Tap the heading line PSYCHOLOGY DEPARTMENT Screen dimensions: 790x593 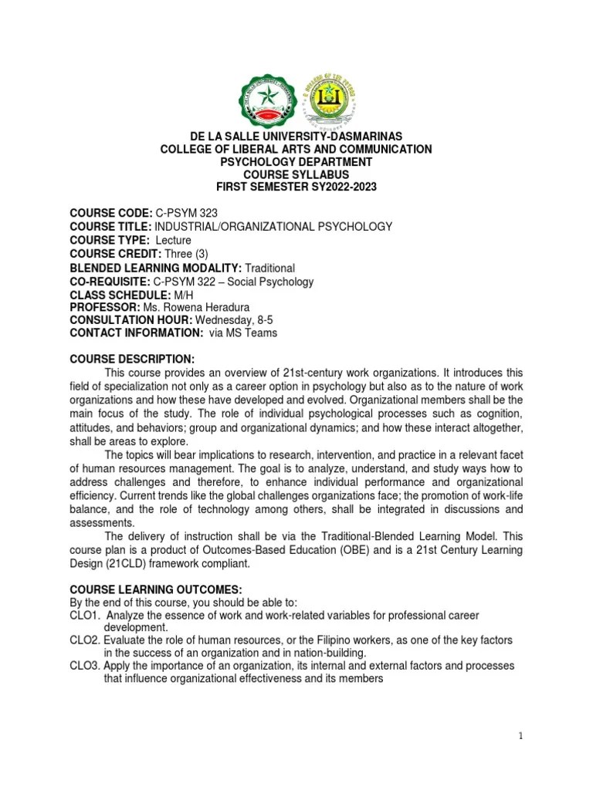[x=296, y=162]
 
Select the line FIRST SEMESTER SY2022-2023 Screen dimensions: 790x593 [x=296, y=187]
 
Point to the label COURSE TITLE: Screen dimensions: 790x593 [x=110, y=226]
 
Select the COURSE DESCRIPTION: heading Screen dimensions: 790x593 [x=133, y=360]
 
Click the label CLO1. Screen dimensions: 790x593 [x=83, y=615]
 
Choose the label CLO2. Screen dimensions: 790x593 [x=83, y=641]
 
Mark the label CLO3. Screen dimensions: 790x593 [x=83, y=665]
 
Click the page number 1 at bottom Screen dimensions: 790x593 [x=521, y=736]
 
